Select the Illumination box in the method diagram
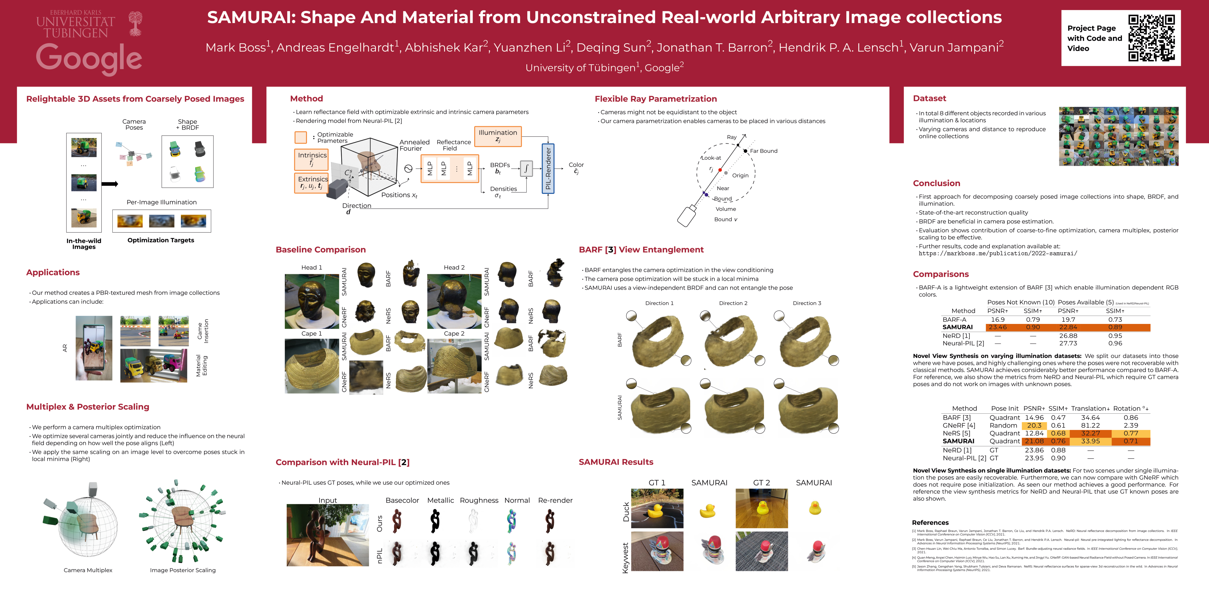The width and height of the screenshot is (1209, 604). [498, 136]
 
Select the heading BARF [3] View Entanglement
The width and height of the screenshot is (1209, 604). [641, 249]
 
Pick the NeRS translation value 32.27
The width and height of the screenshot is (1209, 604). [1090, 433]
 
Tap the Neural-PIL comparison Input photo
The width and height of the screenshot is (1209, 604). [328, 535]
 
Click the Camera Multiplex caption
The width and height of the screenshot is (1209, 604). [88, 570]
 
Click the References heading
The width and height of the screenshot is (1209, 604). [930, 522]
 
